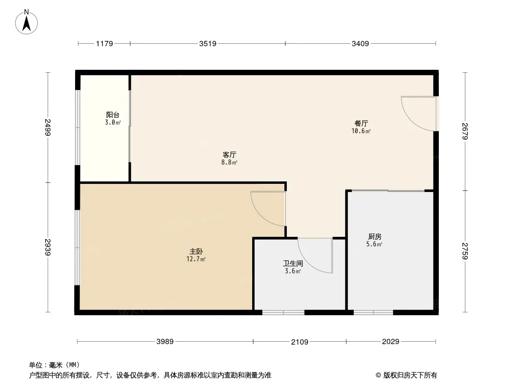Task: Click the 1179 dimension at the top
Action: [104, 44]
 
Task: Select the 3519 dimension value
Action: [208, 44]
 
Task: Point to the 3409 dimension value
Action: [360, 44]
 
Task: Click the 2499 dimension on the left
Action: [48, 128]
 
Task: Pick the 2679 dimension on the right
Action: [465, 131]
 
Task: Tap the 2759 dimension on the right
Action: [465, 251]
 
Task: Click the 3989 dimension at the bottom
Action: [165, 342]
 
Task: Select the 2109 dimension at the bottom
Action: [300, 342]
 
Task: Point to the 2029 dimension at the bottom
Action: [391, 342]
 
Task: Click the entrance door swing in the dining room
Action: [417, 114]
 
